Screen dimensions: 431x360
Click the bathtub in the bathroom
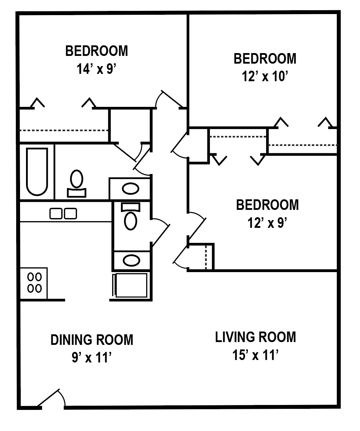(37, 172)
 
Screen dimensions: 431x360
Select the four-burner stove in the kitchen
(34, 283)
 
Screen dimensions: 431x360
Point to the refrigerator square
(131, 285)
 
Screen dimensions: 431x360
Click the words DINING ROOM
(92, 340)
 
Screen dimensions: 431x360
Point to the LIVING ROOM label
(256, 337)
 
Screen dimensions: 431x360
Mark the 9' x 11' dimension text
(92, 358)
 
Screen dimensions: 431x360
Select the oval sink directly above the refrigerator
(131, 260)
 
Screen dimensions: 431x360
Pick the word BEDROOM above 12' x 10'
(265, 58)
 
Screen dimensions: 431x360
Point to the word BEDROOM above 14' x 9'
(96, 51)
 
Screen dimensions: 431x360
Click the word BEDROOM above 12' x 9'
(267, 205)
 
